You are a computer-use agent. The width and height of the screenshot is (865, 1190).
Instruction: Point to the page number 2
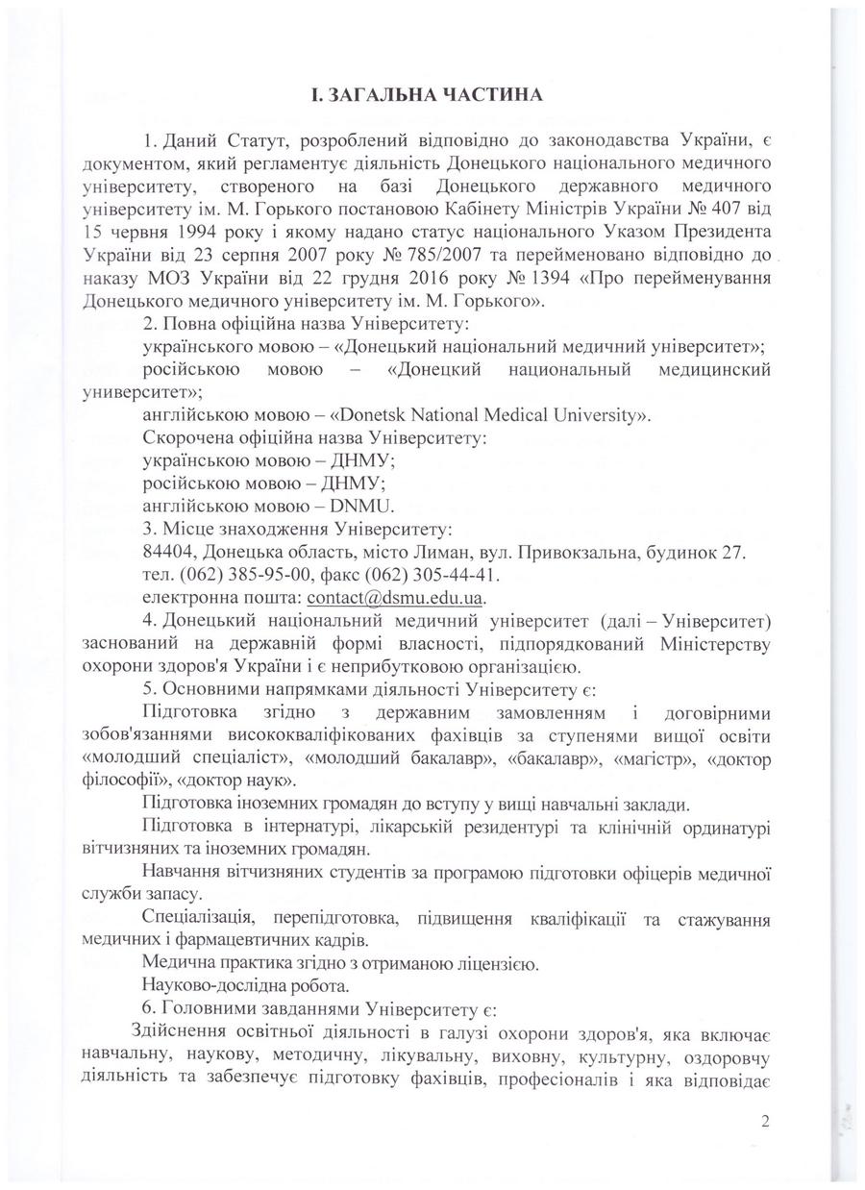(765, 1120)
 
